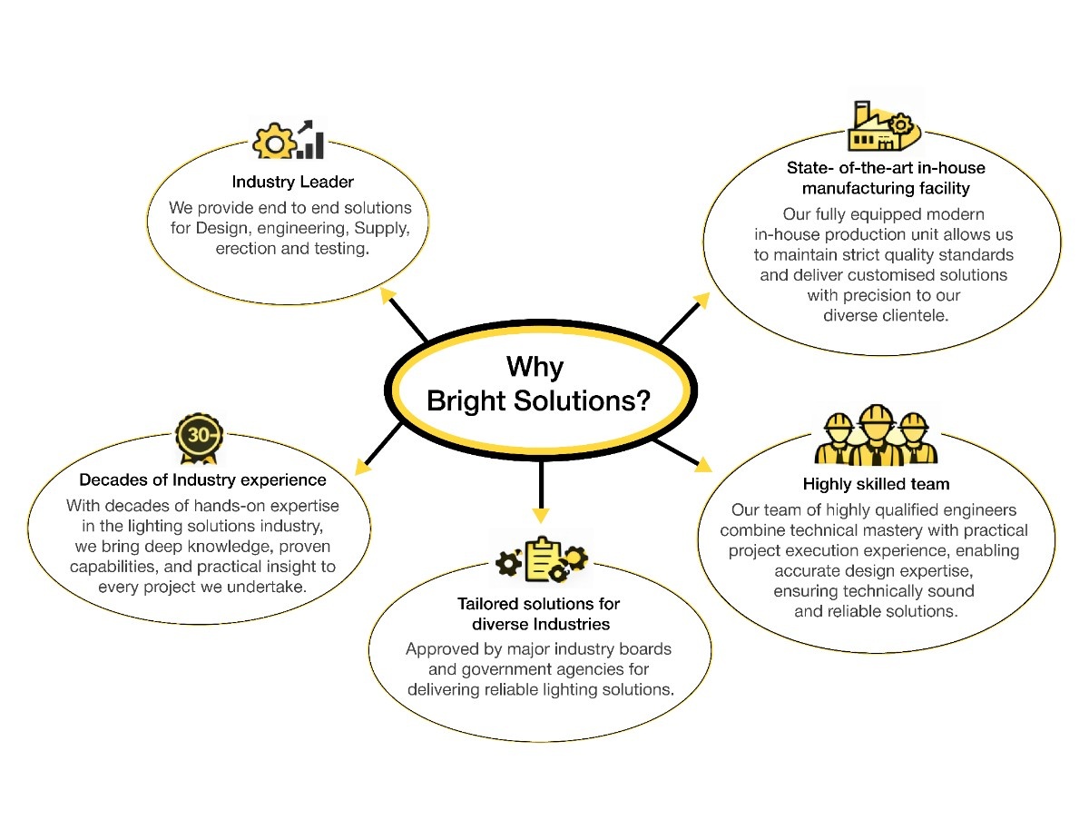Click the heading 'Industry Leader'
click(292, 183)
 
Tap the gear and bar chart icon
click(289, 140)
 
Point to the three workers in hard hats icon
click(876, 435)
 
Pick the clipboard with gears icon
click(542, 560)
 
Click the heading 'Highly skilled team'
click(876, 483)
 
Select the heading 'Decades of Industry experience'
click(202, 479)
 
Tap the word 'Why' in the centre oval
click(535, 367)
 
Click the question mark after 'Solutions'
click(643, 400)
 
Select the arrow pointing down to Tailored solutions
click(541, 495)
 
